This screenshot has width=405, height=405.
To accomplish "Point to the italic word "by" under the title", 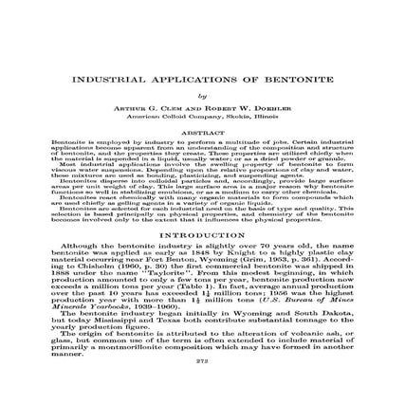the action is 201,95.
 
